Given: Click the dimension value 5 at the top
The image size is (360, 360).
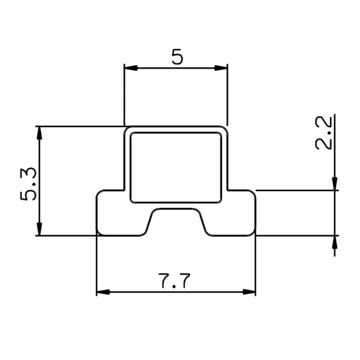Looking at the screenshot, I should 177,56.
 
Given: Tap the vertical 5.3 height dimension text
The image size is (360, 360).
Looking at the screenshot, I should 28,183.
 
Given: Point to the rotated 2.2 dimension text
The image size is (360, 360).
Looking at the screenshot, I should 324,133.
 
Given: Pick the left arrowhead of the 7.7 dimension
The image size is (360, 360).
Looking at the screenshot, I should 103,292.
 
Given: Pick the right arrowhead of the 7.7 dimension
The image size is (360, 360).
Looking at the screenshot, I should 249,292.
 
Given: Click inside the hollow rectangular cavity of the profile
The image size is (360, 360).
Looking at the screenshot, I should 176,167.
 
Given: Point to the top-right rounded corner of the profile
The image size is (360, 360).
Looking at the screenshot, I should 225,129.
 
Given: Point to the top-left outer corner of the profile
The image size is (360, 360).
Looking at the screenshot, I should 126,129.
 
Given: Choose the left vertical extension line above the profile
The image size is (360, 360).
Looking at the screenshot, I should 124,95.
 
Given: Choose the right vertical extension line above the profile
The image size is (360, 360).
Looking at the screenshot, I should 228,95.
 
